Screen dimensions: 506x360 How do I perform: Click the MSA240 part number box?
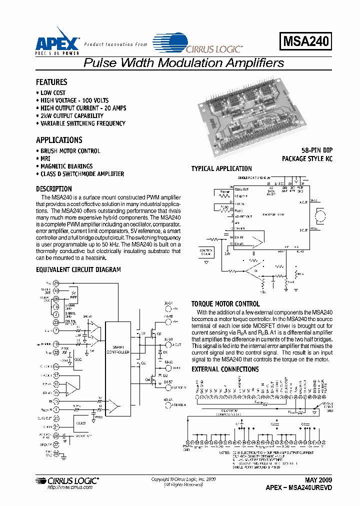click(x=306, y=41)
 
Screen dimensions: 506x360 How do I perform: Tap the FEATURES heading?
click(x=51, y=82)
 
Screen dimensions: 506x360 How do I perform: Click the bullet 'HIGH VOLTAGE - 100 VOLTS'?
click(x=74, y=100)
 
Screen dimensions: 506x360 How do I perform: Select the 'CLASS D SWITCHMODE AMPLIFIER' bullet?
click(x=82, y=174)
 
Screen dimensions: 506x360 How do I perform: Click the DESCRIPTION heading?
click(x=54, y=189)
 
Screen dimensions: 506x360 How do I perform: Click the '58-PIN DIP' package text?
click(x=316, y=150)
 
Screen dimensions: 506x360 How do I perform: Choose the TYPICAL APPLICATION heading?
click(x=221, y=169)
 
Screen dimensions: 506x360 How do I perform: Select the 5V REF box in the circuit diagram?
click(x=73, y=293)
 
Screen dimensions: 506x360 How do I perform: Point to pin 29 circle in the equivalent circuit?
click(x=56, y=283)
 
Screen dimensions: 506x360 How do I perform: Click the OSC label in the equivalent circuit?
click(x=77, y=358)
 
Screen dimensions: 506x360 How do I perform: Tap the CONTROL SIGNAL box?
click(x=206, y=251)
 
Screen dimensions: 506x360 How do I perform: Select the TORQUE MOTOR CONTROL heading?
click(x=225, y=304)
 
